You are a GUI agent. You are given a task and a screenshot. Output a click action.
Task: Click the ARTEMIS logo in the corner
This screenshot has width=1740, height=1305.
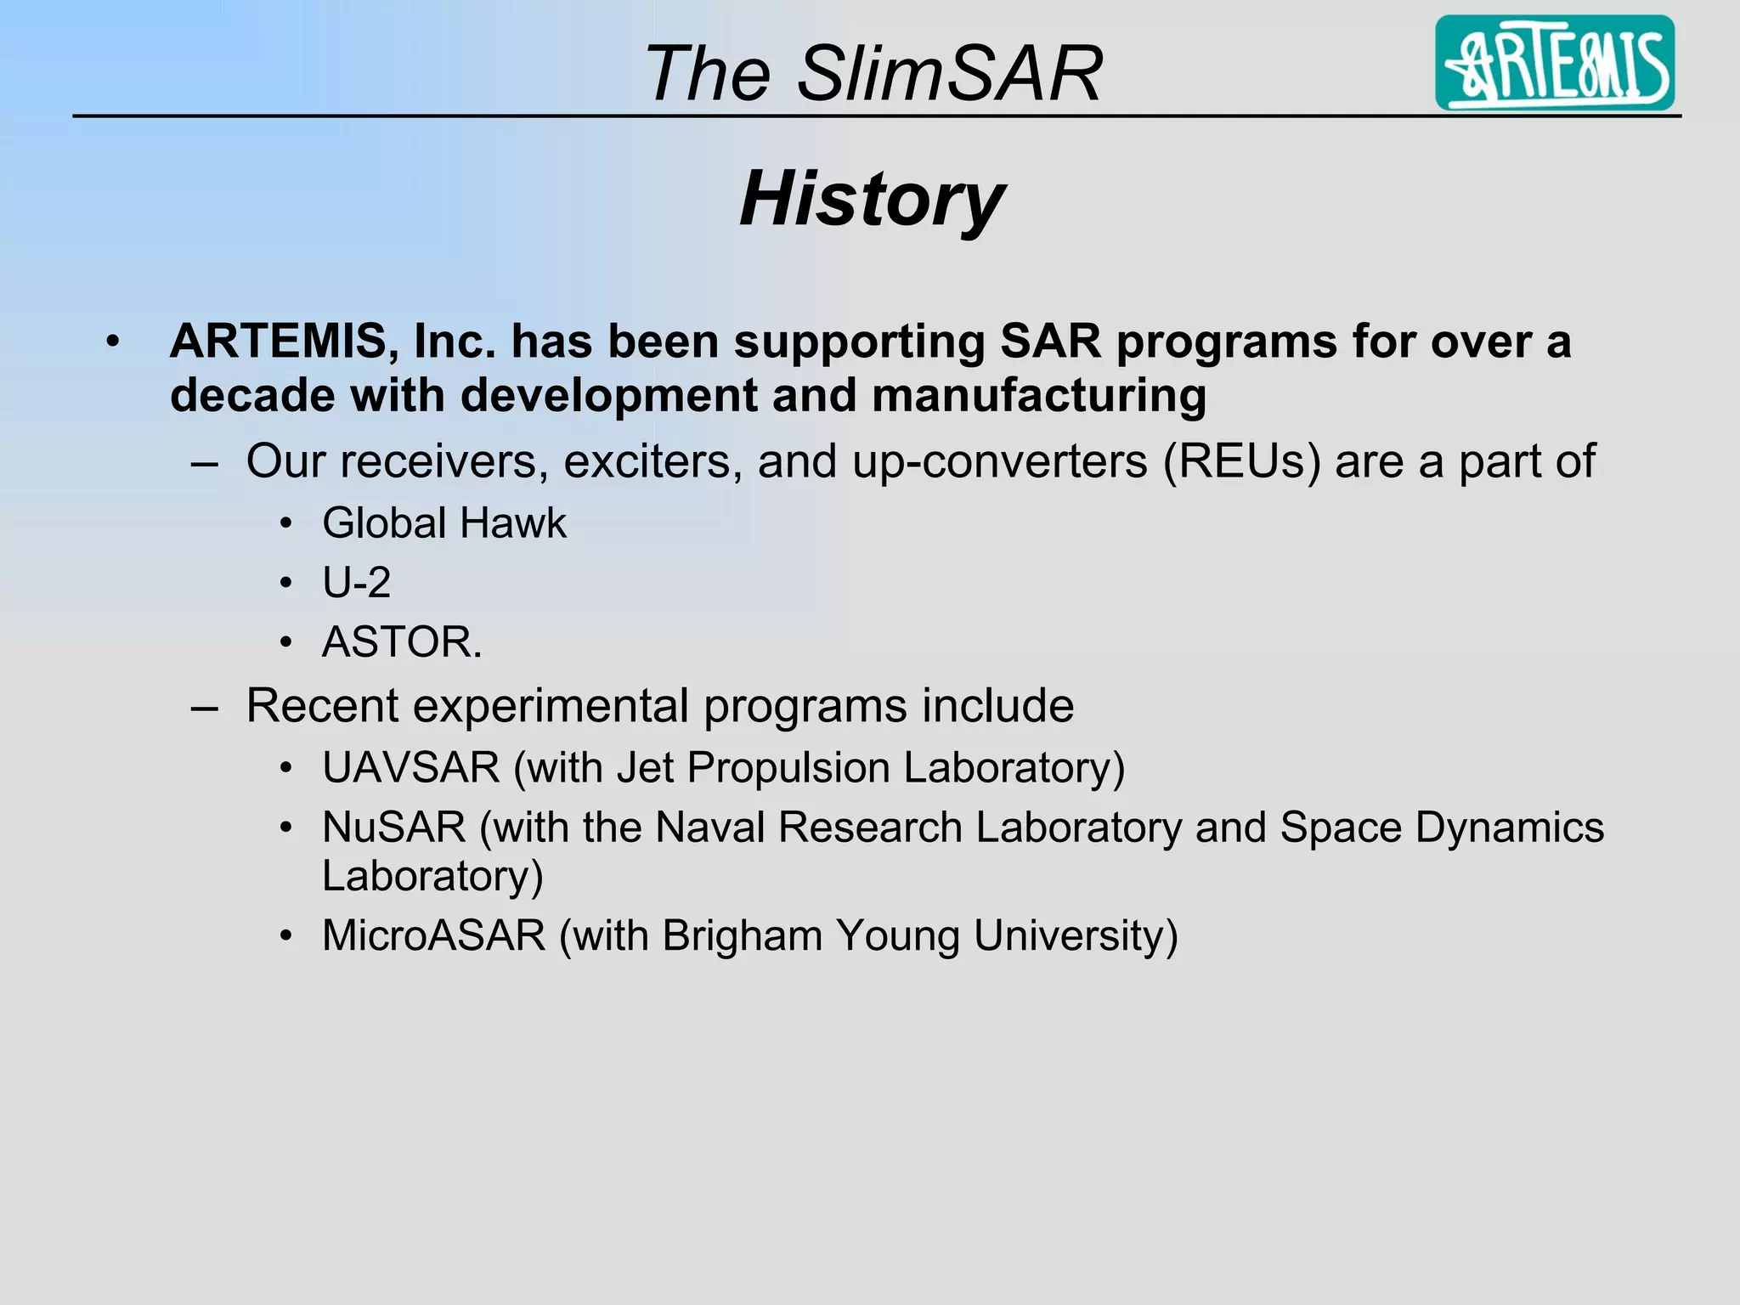pos(1554,63)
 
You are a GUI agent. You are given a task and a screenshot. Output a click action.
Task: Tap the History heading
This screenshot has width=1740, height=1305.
pos(872,199)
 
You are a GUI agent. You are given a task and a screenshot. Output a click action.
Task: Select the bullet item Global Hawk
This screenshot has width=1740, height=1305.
pos(443,523)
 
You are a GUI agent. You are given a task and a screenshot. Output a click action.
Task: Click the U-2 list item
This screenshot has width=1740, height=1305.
pos(356,583)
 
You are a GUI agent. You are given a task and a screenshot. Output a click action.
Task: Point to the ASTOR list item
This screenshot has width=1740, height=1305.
pos(401,642)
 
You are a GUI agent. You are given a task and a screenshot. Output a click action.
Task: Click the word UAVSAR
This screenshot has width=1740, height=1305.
pos(411,768)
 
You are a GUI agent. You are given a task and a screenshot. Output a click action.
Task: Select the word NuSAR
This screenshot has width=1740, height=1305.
pos(393,828)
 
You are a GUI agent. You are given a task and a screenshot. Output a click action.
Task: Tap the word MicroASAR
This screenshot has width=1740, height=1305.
pos(433,936)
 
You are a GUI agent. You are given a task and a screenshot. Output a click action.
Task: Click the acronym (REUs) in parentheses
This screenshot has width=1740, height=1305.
pos(1242,462)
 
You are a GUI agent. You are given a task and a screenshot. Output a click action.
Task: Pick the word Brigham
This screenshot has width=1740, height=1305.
pos(741,936)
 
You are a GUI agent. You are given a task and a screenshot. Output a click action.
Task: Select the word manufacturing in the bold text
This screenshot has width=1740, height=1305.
pos(1038,396)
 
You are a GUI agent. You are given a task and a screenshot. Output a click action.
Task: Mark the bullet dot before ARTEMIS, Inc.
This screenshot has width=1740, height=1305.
pos(113,342)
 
